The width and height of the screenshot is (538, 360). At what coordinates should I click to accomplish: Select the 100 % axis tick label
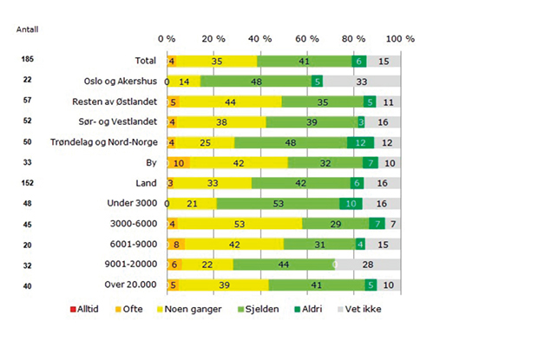pos(400,40)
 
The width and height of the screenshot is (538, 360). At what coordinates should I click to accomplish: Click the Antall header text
pos(27,29)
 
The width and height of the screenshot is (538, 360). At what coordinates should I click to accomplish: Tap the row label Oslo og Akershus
pos(120,82)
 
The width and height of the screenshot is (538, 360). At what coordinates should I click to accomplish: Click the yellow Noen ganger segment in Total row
pos(217,62)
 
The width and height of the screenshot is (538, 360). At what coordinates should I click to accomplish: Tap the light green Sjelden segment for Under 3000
pos(278,203)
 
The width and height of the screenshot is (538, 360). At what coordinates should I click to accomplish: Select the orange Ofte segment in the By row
pos(180,162)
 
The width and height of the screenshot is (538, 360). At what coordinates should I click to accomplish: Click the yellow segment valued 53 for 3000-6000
pos(237,223)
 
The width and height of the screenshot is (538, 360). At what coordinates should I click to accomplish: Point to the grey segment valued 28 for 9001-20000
pos(368,264)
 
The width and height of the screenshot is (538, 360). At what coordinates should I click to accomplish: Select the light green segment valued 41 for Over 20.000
pos(317,285)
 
